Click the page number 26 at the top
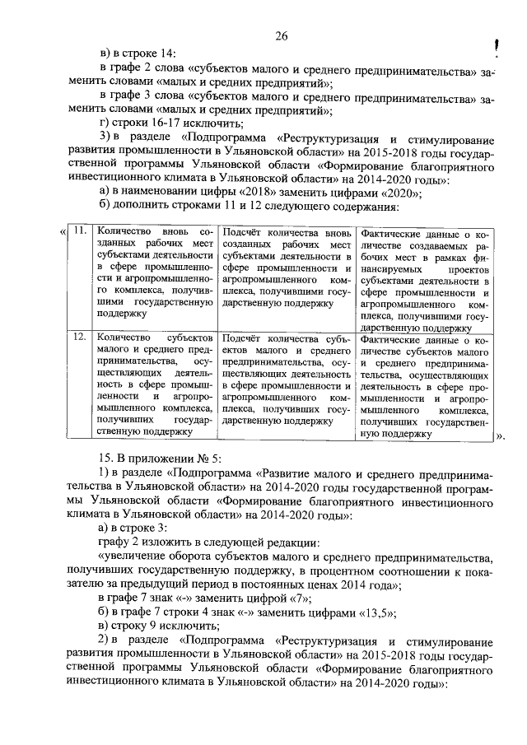tap(281, 35)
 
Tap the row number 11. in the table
tap(79, 230)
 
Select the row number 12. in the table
tap(79, 338)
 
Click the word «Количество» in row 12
tap(123, 338)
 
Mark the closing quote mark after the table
tap(499, 438)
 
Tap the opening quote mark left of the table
tap(63, 231)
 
